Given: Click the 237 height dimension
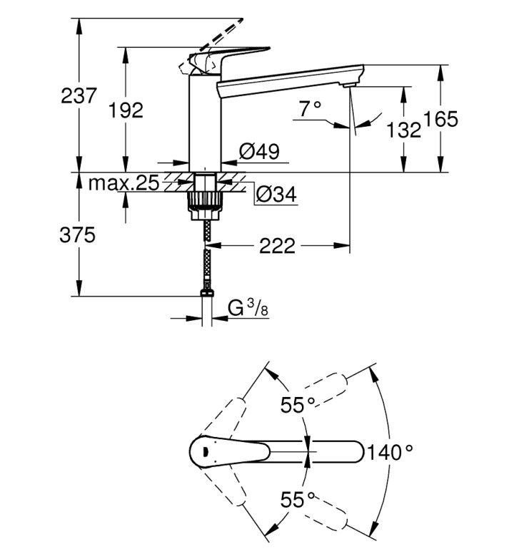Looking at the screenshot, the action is [79, 96].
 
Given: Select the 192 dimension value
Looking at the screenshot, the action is [126, 110].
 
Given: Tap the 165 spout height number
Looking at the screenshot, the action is [440, 119].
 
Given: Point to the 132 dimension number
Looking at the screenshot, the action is [403, 130].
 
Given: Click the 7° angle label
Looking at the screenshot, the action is [310, 109].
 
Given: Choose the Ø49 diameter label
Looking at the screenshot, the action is [260, 152].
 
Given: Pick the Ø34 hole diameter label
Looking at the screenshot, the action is [276, 194].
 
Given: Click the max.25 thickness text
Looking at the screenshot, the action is [124, 183].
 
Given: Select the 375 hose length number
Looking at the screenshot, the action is [77, 235].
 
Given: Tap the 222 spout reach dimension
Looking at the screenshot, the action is [277, 246].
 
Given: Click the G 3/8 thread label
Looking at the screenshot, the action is [248, 308].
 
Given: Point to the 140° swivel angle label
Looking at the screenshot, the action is [390, 453].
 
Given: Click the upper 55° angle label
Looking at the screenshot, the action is [297, 405].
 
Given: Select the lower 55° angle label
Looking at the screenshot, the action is [297, 500].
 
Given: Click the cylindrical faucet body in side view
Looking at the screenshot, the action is [205, 123].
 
